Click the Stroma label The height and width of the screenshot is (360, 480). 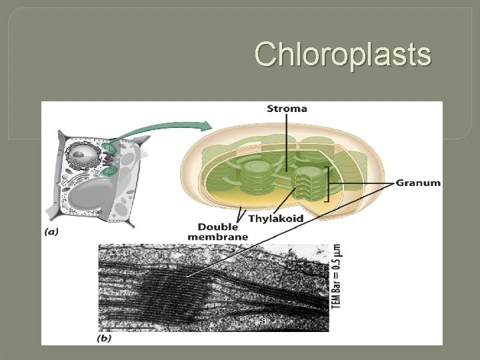(287, 109)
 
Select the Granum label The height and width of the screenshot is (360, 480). (418, 183)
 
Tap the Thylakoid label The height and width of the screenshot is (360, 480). (275, 218)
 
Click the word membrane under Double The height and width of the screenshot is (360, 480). (218, 237)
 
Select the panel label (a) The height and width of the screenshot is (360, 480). (51, 233)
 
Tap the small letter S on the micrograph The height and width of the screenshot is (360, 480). (263, 321)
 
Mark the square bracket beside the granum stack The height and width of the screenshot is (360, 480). (327, 183)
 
